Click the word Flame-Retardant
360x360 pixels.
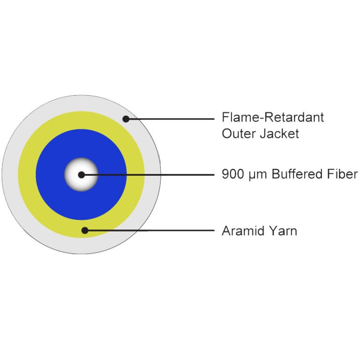(273, 117)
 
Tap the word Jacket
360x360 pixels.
(280, 134)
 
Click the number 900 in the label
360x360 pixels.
(233, 174)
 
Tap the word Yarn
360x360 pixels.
(283, 231)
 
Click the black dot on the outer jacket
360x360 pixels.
(126, 119)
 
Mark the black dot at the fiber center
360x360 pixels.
(81, 175)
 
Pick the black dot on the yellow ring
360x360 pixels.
(85, 230)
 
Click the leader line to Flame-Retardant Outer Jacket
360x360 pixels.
(170, 119)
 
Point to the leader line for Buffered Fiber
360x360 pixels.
(148, 175)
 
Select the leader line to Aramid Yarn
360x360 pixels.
(150, 230)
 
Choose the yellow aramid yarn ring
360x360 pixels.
(27, 174)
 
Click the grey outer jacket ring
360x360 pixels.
(10, 174)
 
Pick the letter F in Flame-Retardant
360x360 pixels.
(225, 117)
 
